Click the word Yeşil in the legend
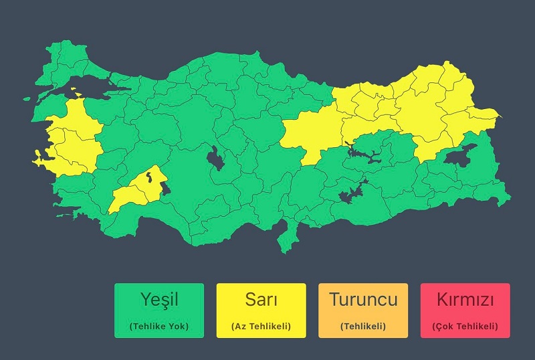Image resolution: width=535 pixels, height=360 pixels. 159,300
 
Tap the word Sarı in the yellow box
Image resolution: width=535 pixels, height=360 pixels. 261,299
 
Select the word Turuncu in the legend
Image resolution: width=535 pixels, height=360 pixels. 363,299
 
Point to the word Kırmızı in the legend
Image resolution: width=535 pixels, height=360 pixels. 465,299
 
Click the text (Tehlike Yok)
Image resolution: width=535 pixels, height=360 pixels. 159,327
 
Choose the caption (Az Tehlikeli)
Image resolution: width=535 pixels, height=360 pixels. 261,327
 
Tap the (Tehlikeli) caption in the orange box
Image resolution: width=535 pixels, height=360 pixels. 363,327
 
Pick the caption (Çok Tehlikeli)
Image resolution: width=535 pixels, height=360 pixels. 465,327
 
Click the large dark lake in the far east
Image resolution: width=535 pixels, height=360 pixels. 461,157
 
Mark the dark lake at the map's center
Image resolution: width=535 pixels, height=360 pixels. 215,159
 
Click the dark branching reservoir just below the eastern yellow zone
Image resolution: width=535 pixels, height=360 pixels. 361,156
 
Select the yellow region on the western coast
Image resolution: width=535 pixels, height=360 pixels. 70,137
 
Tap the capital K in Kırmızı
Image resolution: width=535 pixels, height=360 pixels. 441,299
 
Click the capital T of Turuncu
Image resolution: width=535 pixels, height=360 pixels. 334,299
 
